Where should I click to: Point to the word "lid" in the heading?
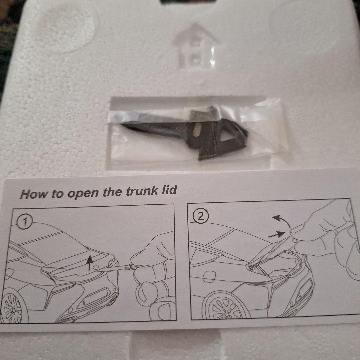[x=169, y=190]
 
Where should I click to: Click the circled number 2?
[x=201, y=217]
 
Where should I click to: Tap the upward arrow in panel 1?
[x=90, y=263]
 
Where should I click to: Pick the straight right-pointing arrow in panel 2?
[x=277, y=235]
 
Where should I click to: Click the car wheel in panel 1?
[x=13, y=307]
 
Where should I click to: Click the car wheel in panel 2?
[x=226, y=307]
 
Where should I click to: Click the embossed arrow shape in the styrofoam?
[x=195, y=46]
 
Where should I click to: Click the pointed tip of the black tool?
[x=121, y=124]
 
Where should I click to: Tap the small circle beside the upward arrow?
[x=96, y=267]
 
